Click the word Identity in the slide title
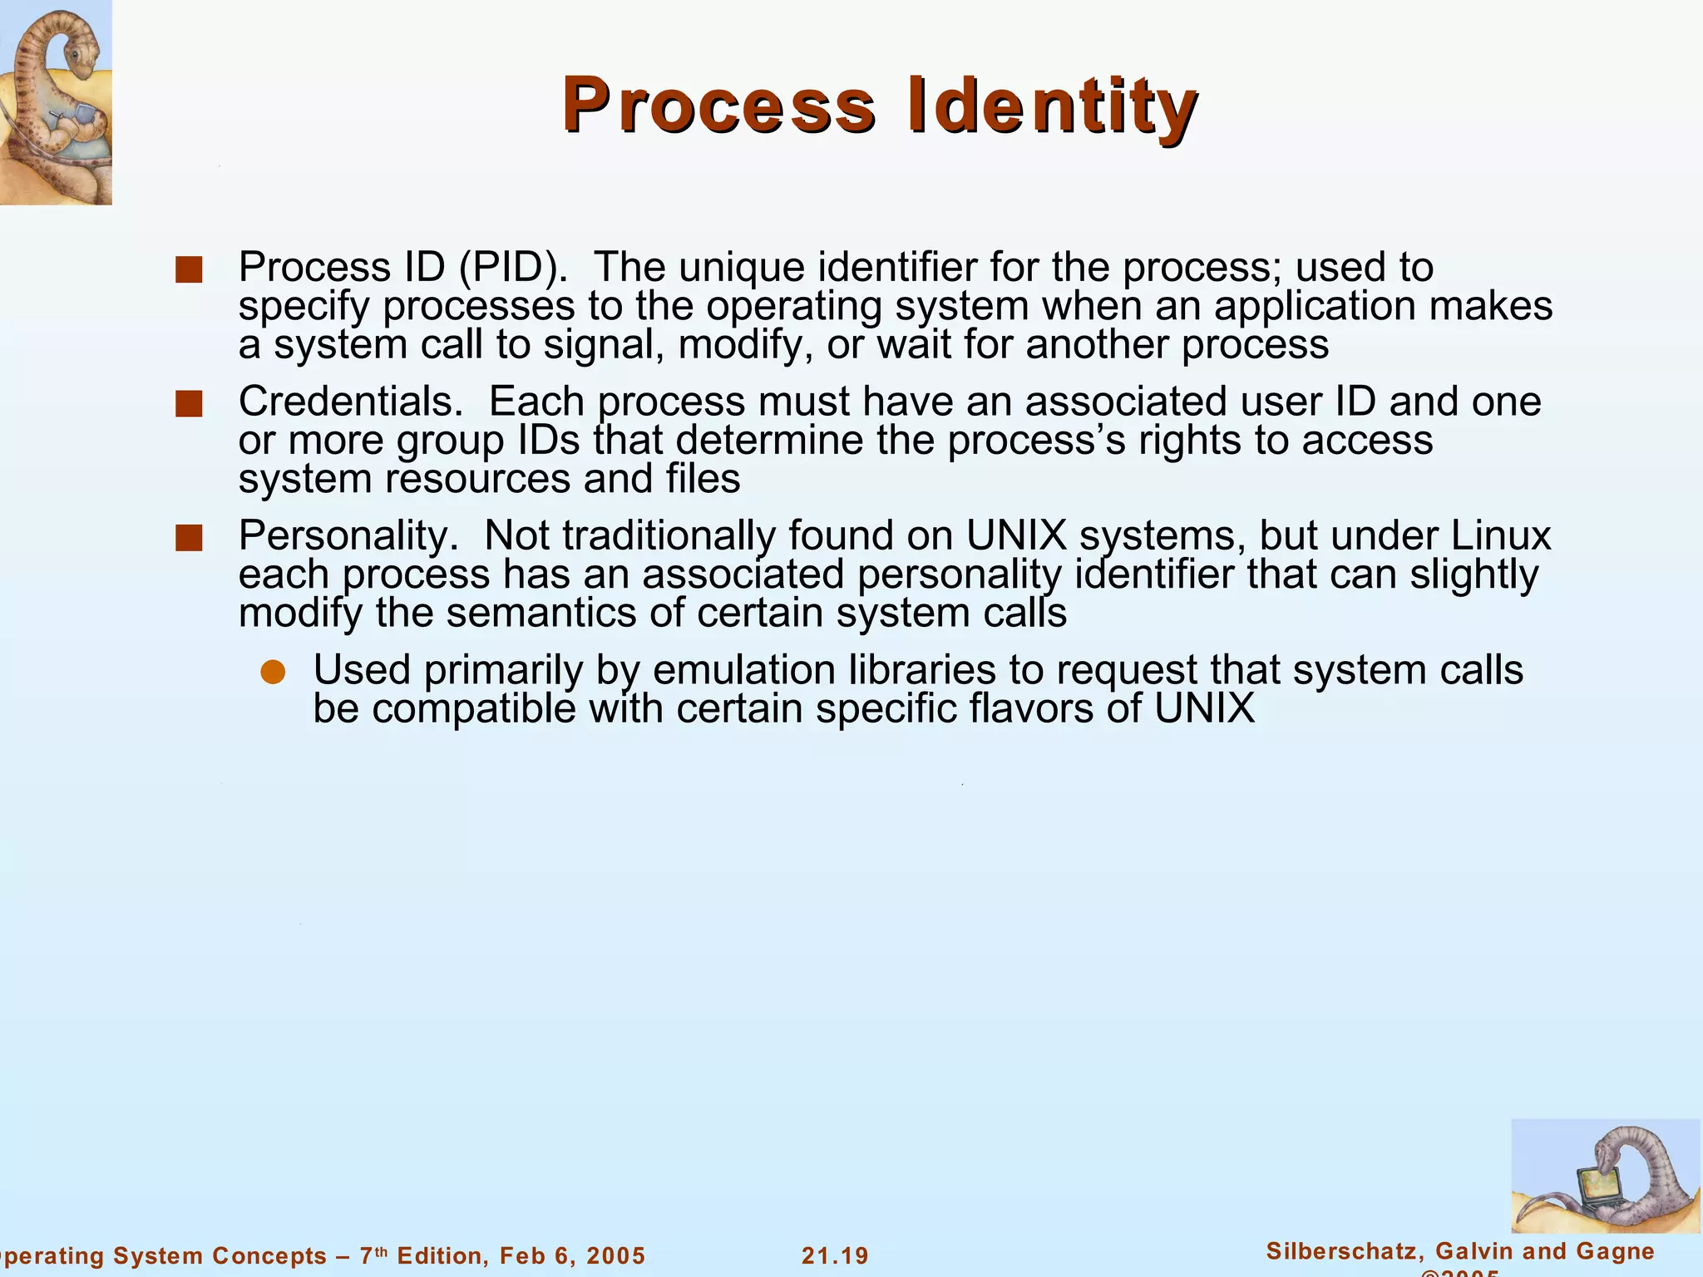1052,106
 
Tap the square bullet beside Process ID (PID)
190,270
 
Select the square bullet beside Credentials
190,404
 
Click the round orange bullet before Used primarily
273,672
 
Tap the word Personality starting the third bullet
348,536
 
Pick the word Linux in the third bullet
1501,535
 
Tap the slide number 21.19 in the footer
835,1255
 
